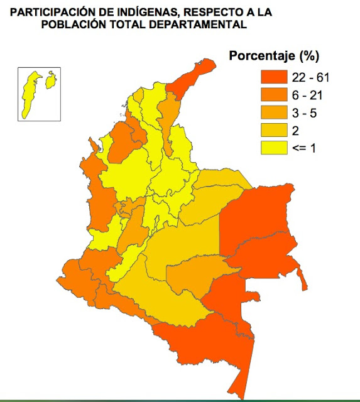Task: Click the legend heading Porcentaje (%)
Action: click(x=274, y=55)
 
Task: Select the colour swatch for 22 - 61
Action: click(x=274, y=77)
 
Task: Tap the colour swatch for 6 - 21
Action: click(x=274, y=95)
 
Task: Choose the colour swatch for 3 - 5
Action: click(x=274, y=112)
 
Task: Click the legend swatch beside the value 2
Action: click(x=274, y=130)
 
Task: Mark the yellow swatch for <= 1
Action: click(x=274, y=148)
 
